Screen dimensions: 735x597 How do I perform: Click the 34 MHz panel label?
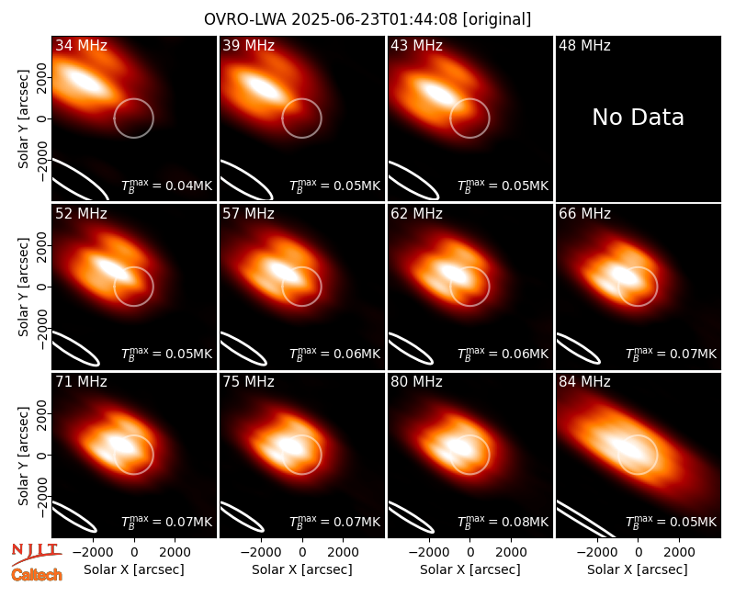(81, 45)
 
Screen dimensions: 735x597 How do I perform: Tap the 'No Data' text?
(638, 118)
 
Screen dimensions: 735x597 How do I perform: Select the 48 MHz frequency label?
(584, 45)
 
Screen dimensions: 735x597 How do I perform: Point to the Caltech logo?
(37, 575)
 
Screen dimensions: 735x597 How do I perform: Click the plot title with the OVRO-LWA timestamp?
(367, 19)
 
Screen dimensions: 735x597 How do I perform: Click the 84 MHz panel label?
(584, 382)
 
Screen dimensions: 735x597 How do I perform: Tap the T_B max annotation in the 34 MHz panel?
(167, 186)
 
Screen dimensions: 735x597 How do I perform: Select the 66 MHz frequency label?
(584, 214)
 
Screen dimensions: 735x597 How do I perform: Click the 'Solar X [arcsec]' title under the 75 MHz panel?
(302, 569)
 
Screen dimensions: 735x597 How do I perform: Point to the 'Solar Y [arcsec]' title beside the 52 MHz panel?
(24, 287)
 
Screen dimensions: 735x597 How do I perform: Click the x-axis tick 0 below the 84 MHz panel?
(638, 552)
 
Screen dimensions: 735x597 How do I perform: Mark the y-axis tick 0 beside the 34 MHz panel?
(42, 118)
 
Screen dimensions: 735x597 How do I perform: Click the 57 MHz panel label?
(248, 214)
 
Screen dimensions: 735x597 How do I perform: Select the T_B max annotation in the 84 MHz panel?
(672, 521)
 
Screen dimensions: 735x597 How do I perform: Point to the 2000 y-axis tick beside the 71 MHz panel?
(42, 414)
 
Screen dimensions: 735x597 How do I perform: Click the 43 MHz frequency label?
(417, 45)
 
